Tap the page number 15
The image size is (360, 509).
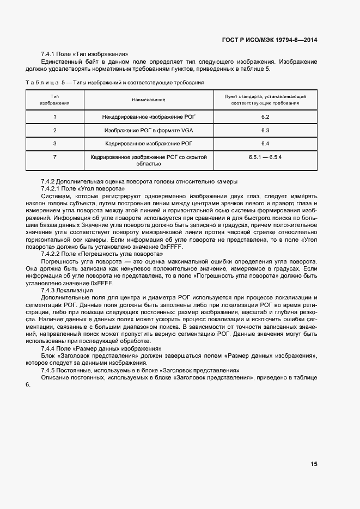[314, 464]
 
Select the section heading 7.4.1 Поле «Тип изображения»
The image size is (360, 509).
[84, 54]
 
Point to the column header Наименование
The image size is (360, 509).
[148, 100]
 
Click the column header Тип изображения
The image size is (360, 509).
[54, 100]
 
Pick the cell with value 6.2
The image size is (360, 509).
[265, 117]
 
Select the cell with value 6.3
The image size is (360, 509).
[265, 131]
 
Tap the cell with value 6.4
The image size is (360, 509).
[265, 144]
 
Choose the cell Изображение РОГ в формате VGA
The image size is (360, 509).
[149, 131]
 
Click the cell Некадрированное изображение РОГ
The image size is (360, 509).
[149, 117]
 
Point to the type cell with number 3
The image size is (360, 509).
[54, 144]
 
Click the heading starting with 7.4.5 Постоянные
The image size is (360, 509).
[141, 370]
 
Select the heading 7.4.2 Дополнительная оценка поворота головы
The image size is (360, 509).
[139, 181]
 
